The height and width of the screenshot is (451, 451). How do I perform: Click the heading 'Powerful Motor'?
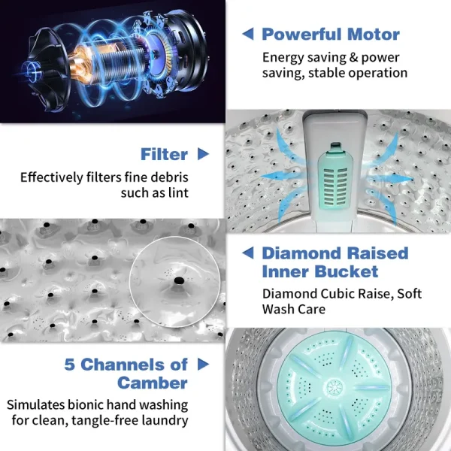(331, 35)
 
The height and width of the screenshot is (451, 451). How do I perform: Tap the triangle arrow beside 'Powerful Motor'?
(248, 34)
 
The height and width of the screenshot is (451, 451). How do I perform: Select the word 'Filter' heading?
(164, 154)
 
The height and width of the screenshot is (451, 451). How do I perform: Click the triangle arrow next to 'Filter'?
(203, 154)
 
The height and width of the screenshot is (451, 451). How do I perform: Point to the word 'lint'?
(178, 192)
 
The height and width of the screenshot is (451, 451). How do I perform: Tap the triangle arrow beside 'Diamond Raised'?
(248, 253)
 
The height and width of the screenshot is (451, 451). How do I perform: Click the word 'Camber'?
(153, 383)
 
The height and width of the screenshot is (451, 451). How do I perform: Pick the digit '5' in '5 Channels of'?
(69, 365)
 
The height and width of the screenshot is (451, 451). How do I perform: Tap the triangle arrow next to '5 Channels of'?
(203, 364)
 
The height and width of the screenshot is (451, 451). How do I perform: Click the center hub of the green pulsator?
(334, 389)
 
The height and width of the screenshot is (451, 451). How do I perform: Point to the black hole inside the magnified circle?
(180, 280)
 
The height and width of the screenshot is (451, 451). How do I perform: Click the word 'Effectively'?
(52, 177)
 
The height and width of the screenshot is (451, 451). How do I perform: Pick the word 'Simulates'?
(35, 404)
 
